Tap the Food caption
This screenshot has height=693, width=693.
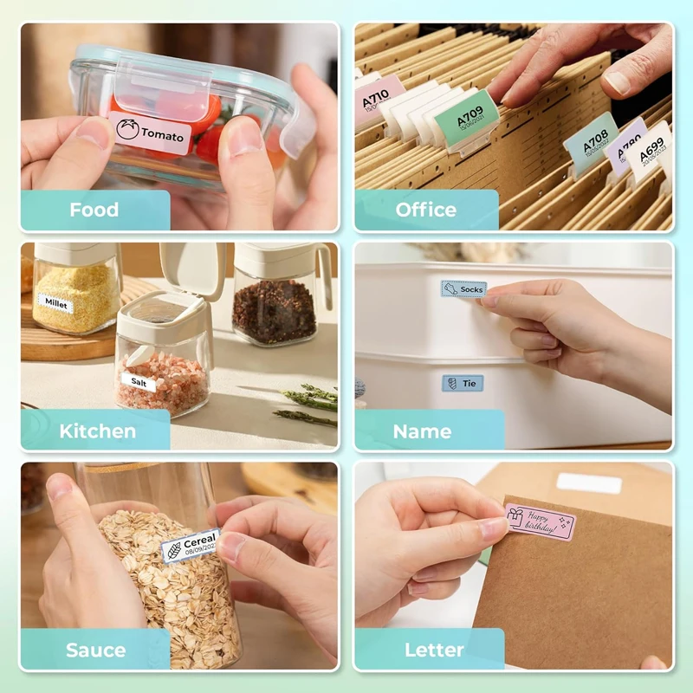coord(94,210)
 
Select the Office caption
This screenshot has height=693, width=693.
coord(425,210)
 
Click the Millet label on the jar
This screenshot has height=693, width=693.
coord(57,304)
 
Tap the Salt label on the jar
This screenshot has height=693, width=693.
coord(139,381)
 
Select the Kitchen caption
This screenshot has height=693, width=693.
coord(97,431)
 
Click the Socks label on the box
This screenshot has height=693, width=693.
coord(463,289)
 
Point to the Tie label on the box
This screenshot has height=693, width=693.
coord(463,382)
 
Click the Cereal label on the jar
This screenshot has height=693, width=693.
coord(191,546)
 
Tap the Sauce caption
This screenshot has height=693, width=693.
coord(95,650)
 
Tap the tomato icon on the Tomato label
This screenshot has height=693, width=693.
coord(127,131)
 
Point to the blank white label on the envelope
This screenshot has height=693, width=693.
coord(589,483)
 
